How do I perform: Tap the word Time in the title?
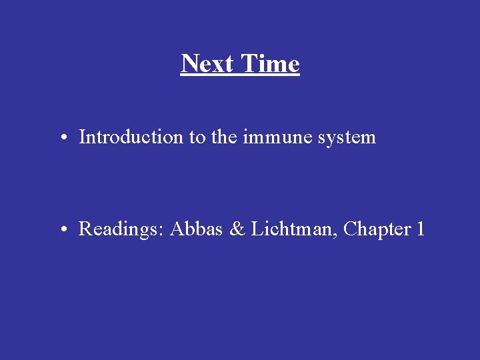point(270,64)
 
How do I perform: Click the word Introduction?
point(131,137)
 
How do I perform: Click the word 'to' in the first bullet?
point(197,138)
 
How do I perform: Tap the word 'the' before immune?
point(224,137)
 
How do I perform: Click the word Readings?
point(121,230)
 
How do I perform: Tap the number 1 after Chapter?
point(420,229)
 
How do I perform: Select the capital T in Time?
point(249,64)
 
